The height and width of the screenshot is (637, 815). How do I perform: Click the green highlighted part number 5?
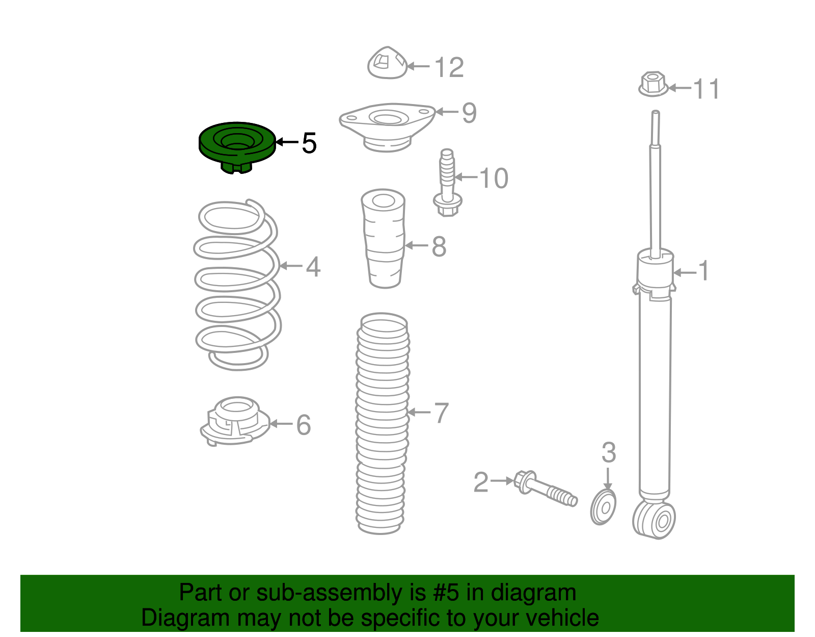click(237, 147)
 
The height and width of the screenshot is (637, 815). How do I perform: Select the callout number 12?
click(449, 67)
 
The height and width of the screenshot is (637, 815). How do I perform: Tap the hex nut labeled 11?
click(653, 84)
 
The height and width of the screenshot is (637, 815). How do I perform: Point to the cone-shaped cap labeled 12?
click(387, 63)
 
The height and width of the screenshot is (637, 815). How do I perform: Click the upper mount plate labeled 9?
click(387, 127)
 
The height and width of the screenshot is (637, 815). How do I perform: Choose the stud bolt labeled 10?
click(447, 183)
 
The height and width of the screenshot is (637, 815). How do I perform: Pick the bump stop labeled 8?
click(384, 238)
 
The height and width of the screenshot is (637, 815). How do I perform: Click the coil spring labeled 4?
click(237, 285)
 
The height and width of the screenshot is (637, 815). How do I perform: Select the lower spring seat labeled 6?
click(235, 421)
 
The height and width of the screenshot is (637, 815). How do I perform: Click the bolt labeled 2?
click(546, 489)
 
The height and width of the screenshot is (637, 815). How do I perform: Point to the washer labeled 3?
click(603, 507)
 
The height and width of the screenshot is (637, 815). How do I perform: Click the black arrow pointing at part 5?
click(287, 142)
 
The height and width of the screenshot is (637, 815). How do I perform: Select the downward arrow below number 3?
click(608, 478)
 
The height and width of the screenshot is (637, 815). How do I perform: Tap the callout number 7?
click(442, 413)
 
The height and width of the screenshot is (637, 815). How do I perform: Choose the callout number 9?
click(469, 113)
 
